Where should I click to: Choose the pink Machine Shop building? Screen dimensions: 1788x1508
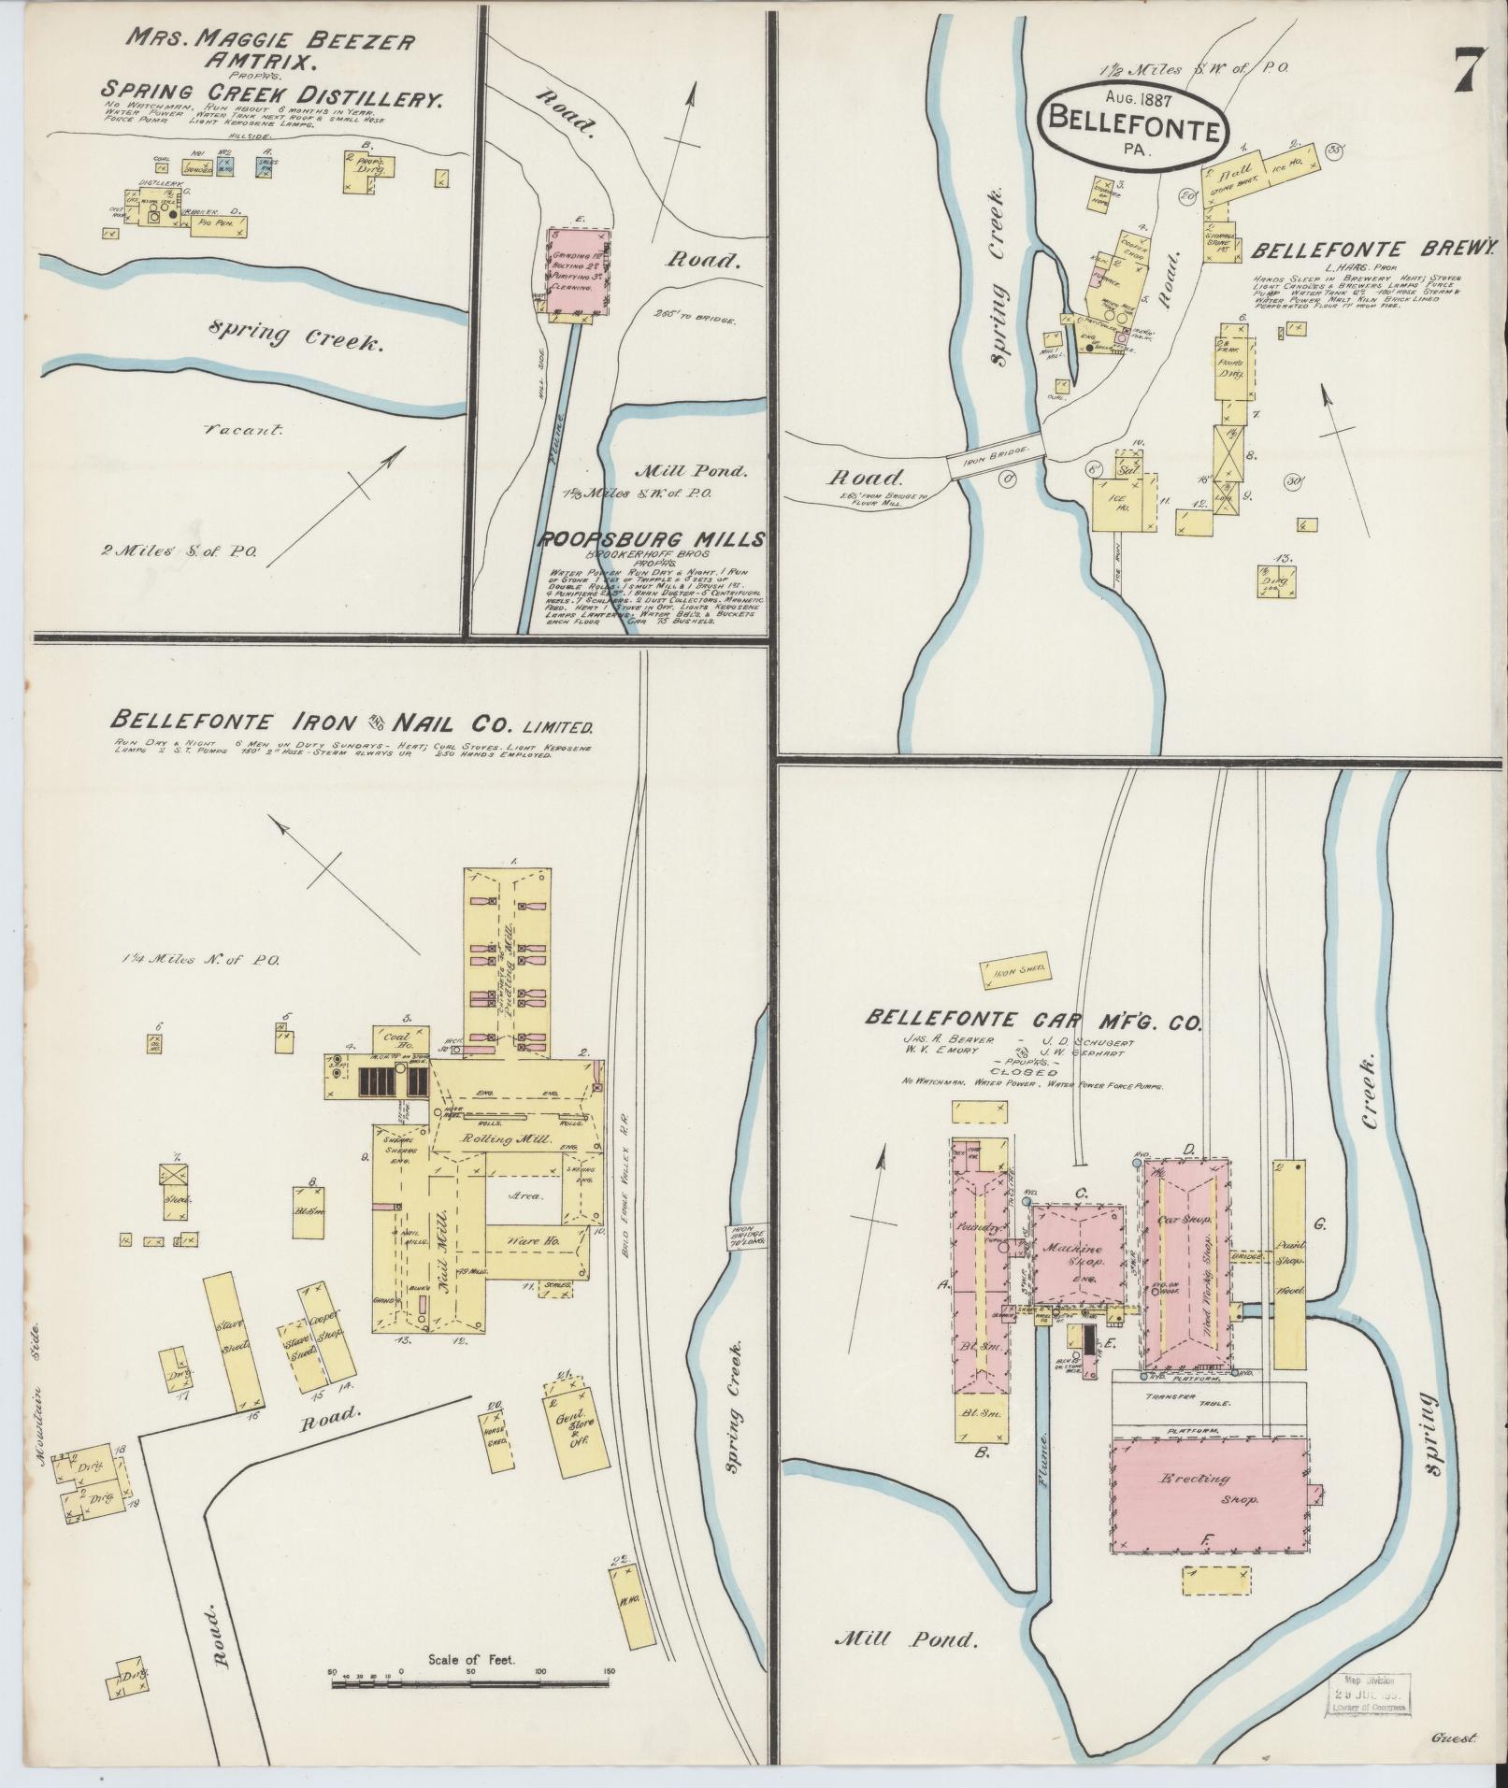tap(1078, 1252)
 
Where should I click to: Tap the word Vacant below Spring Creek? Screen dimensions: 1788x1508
tap(244, 430)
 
